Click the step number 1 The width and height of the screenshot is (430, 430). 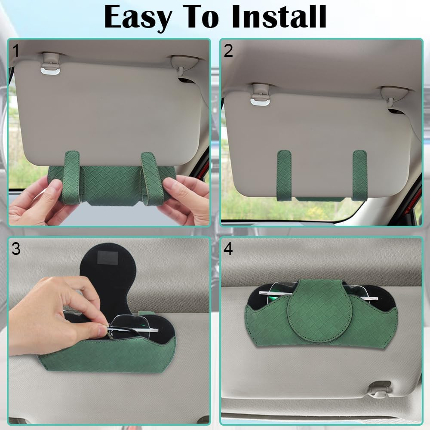coord(16,51)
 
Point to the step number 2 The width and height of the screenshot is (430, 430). coord(228,51)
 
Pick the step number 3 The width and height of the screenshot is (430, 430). coord(16,249)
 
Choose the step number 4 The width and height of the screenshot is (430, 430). coord(228,249)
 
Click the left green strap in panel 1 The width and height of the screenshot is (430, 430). coord(71,176)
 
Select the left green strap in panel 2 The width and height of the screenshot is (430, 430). coord(284,174)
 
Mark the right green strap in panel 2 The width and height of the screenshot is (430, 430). coord(359,174)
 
